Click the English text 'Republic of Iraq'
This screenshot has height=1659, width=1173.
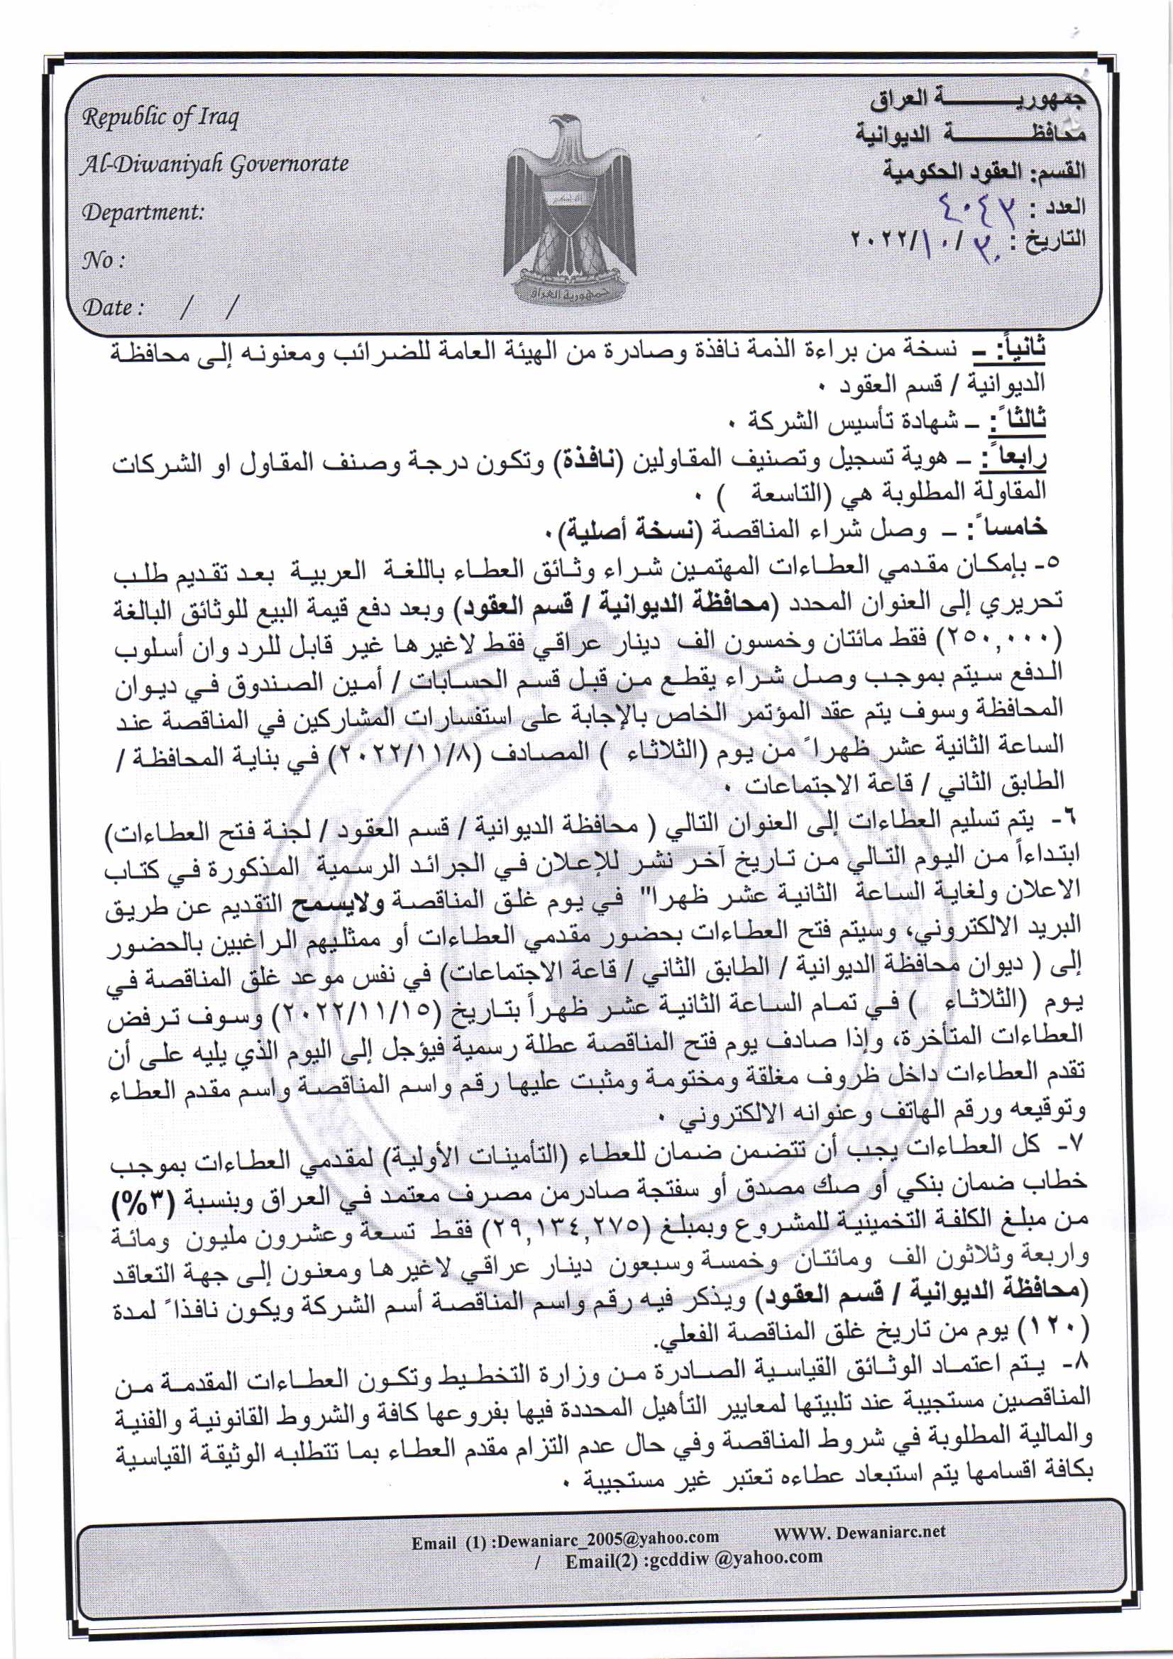(x=160, y=117)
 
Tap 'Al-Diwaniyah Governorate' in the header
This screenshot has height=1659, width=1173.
(x=214, y=165)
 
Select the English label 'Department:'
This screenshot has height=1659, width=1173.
(x=143, y=212)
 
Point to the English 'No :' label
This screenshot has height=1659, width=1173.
(x=104, y=260)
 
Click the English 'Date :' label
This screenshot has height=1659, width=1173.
(x=114, y=308)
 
